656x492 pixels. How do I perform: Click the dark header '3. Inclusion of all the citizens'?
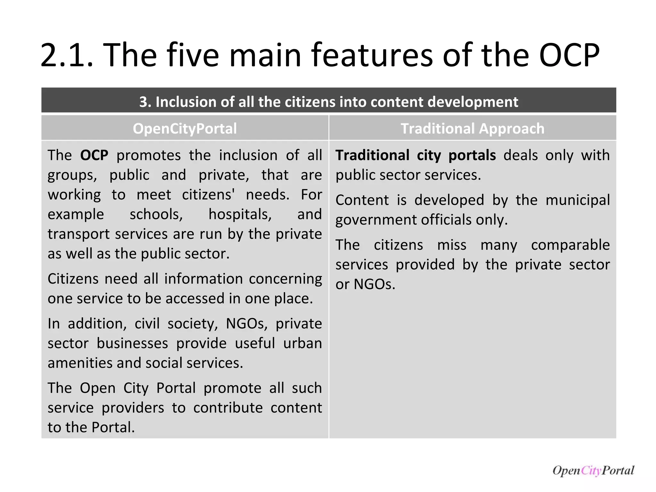click(x=329, y=102)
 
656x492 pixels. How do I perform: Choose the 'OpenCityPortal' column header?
click(x=185, y=128)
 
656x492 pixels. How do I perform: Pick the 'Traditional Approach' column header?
click(x=472, y=128)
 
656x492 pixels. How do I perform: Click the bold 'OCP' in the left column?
click(x=94, y=155)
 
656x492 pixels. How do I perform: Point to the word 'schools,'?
click(x=156, y=214)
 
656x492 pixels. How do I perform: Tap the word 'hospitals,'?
click(x=240, y=214)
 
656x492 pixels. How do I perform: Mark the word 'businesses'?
click(x=132, y=343)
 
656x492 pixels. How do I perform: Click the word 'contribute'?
click(x=228, y=408)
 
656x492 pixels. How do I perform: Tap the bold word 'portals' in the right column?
click(x=472, y=155)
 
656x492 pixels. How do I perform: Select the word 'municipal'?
click(x=578, y=200)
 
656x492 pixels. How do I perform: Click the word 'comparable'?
click(x=570, y=245)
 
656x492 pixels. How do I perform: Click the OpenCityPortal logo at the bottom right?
click(x=593, y=470)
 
